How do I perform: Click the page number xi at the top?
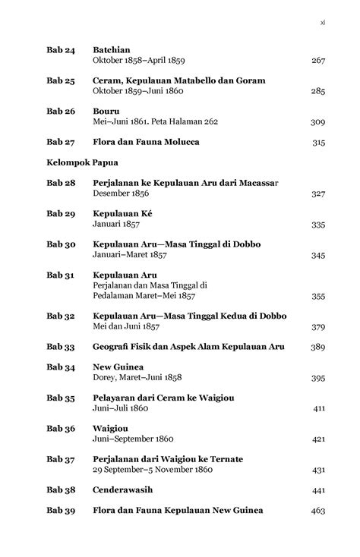[322, 22]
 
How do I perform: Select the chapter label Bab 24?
[60, 49]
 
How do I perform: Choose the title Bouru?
[106, 111]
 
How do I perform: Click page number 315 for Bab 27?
[318, 142]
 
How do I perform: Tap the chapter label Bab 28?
[60, 184]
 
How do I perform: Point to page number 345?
[318, 256]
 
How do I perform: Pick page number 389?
[318, 347]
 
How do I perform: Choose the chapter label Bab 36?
[60, 429]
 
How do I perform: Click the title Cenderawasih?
[125, 490]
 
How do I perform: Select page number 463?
[318, 511]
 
